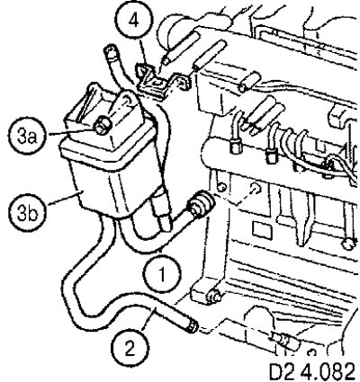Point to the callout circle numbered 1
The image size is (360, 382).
pyautogui.click(x=162, y=274)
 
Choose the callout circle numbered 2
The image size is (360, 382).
pyautogui.click(x=130, y=349)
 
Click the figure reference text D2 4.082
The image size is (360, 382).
pyautogui.click(x=312, y=372)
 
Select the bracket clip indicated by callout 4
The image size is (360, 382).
pyautogui.click(x=162, y=81)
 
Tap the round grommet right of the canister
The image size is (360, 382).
pyautogui.click(x=201, y=205)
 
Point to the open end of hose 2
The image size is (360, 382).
pyautogui.click(x=192, y=325)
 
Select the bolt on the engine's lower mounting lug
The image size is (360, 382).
pyautogui.click(x=215, y=296)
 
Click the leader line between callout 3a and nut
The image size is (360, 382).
pyautogui.click(x=70, y=131)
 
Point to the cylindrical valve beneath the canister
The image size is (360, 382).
pyautogui.click(x=160, y=211)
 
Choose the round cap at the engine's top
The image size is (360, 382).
pyautogui.click(x=168, y=29)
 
